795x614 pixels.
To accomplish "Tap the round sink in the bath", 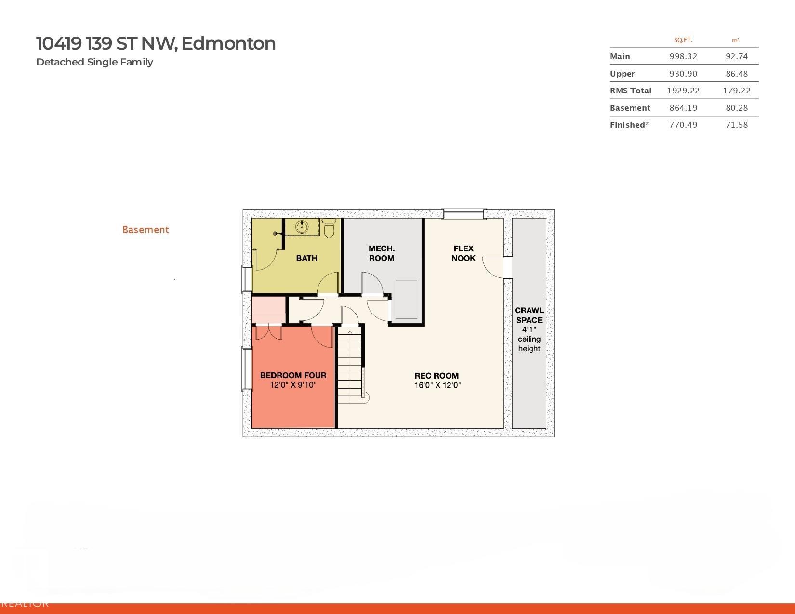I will click(x=303, y=226).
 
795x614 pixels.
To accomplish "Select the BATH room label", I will click(x=306, y=258).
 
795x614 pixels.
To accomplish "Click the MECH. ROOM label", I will click(x=382, y=253).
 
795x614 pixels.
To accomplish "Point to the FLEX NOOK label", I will click(x=464, y=253).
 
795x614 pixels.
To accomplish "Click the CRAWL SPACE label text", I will click(x=529, y=315).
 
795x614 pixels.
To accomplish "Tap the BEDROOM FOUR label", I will click(x=293, y=375).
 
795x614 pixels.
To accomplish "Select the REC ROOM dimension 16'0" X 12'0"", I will click(x=437, y=385).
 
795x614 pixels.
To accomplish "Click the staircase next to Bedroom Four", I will click(x=349, y=366).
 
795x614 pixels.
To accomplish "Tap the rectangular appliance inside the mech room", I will click(x=406, y=300).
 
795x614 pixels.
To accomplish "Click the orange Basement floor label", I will click(x=146, y=230).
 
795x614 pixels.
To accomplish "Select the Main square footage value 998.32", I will click(x=683, y=56).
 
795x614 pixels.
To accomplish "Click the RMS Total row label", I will click(x=630, y=91).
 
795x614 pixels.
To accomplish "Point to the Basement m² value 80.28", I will click(x=736, y=108).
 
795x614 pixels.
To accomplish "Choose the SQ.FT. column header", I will click(x=683, y=40).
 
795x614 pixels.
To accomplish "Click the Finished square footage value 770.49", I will click(x=683, y=125).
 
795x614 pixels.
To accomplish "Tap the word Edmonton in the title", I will click(x=228, y=43).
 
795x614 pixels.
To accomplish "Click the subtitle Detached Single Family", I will click(x=94, y=62).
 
